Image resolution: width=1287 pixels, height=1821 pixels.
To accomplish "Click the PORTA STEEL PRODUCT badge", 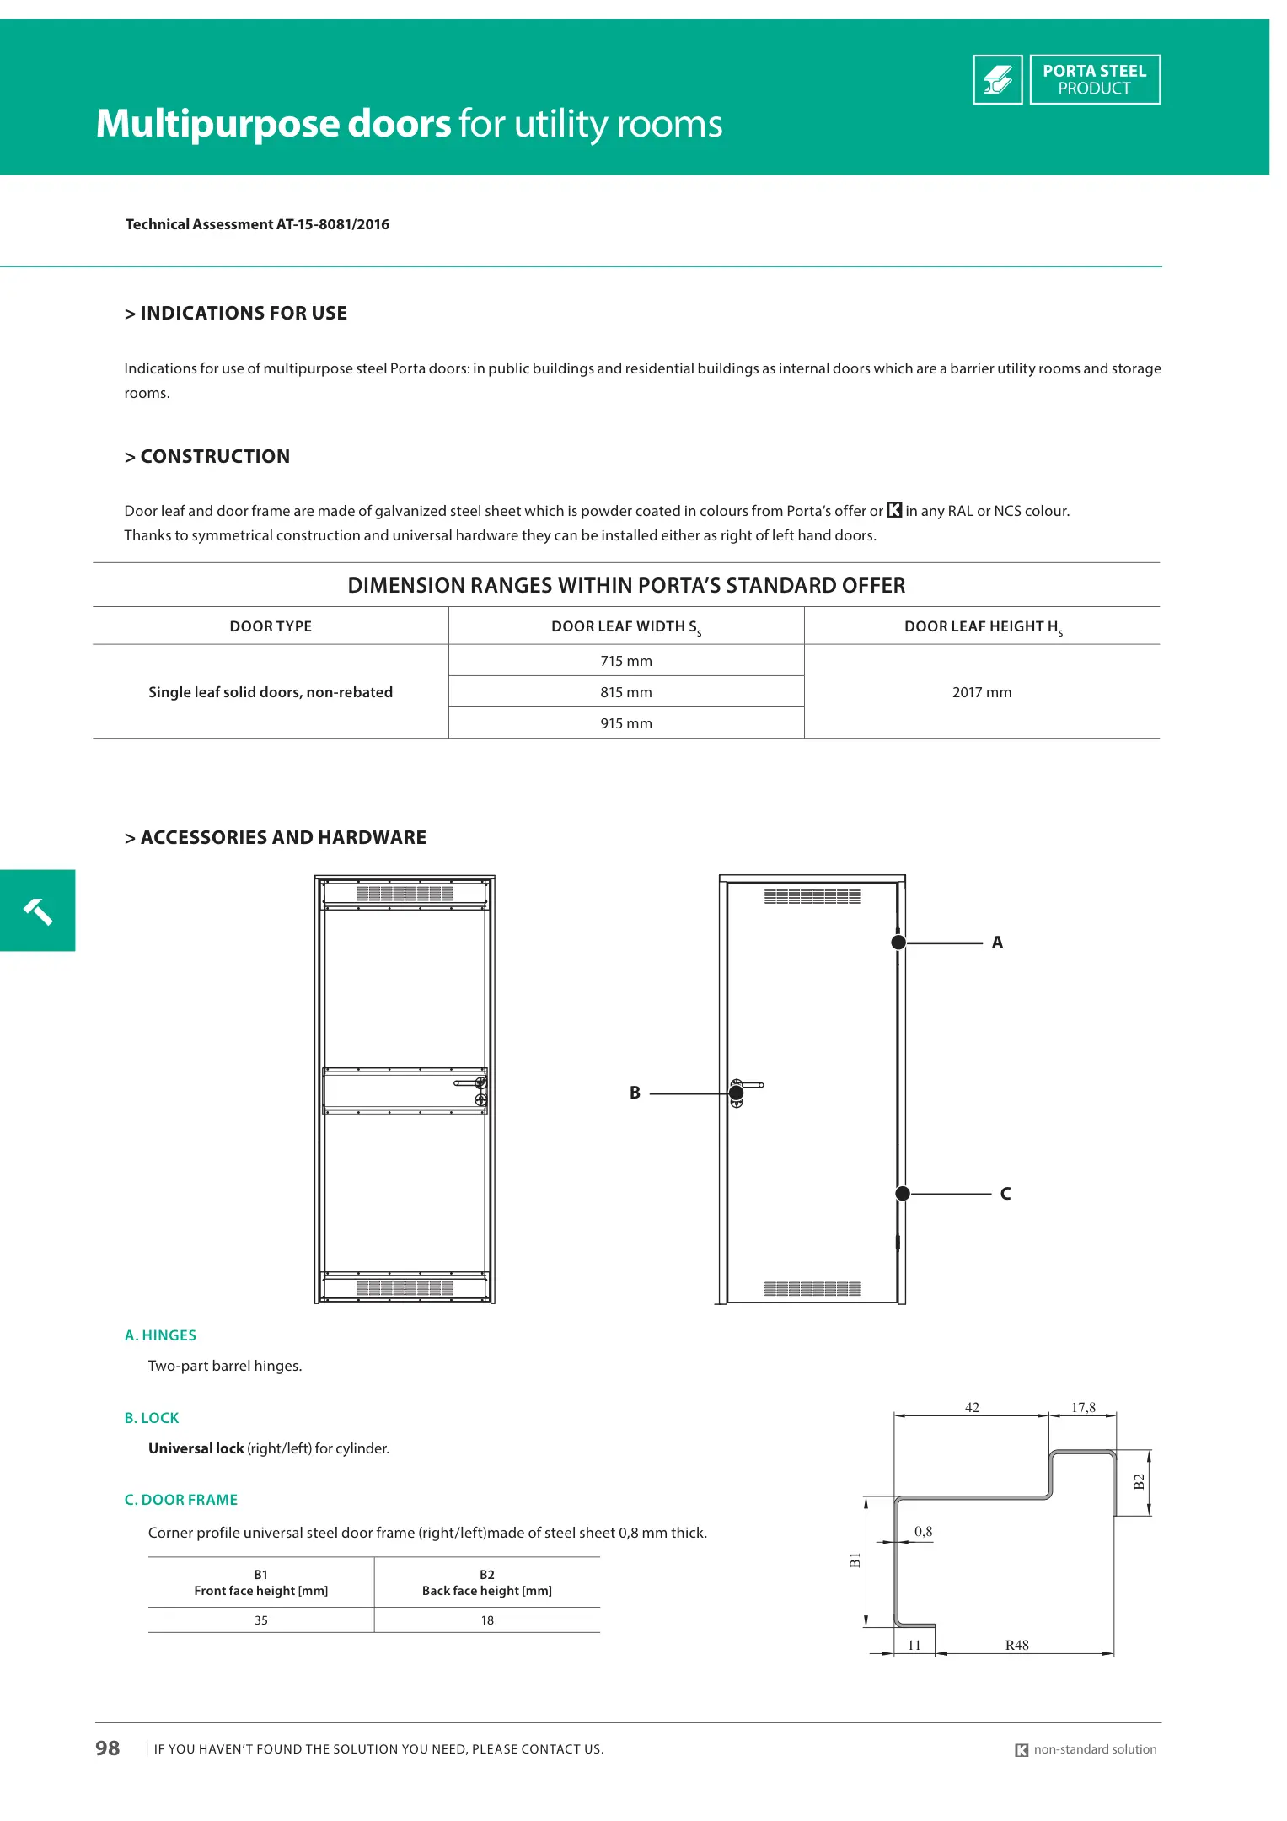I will [1094, 80].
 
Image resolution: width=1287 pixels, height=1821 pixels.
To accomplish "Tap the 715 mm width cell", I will [625, 661].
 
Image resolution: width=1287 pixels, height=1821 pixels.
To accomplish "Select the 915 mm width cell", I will [625, 723].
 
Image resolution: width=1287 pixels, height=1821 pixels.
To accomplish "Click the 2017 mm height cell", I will [981, 692].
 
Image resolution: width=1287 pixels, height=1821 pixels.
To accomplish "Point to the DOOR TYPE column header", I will [271, 626].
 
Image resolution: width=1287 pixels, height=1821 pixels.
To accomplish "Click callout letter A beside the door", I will [997, 943].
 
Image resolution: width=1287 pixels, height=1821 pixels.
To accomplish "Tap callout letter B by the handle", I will [635, 1093].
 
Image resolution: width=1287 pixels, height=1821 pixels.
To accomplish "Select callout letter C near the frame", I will [1005, 1194].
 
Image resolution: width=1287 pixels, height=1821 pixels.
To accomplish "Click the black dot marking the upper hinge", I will [898, 943].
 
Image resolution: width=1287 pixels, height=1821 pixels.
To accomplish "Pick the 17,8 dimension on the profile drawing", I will [1083, 1408].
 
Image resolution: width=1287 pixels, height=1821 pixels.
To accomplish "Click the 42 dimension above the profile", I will [972, 1408].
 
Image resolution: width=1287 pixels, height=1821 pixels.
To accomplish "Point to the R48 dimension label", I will [1016, 1646].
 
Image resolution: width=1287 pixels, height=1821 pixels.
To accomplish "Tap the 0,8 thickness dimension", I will [924, 1532].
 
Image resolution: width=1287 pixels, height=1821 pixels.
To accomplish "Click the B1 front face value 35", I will [261, 1620].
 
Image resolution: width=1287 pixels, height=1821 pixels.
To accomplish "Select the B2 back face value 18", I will [487, 1620].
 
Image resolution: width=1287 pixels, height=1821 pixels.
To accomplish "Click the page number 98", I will [108, 1748].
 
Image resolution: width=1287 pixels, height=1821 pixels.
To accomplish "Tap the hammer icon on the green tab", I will [38, 911].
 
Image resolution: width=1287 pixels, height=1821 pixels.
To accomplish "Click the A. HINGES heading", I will [160, 1335].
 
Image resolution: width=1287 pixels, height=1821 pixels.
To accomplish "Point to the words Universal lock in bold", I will [196, 1448].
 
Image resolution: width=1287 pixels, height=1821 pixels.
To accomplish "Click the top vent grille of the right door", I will [812, 897].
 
